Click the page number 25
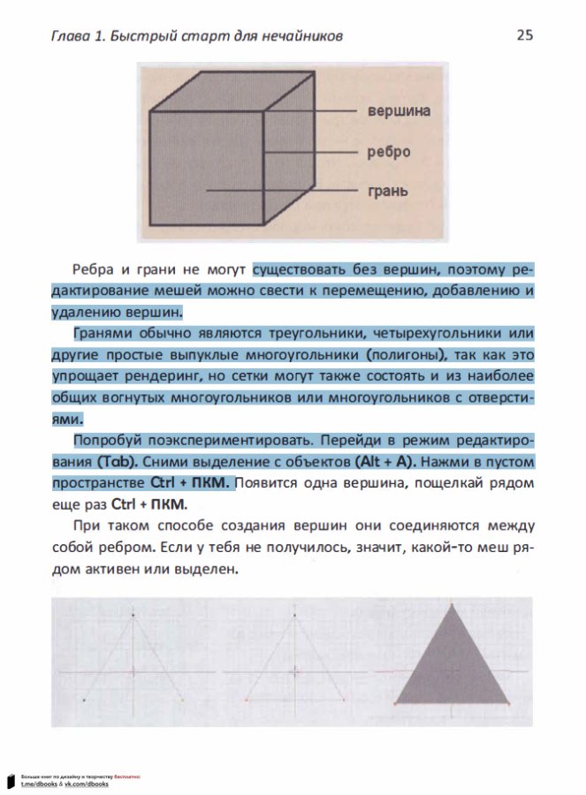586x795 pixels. click(x=524, y=35)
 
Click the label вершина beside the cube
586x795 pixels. click(x=399, y=111)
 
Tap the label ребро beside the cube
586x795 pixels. click(x=389, y=152)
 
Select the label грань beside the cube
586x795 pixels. click(x=387, y=191)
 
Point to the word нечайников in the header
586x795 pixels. click(x=305, y=36)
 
